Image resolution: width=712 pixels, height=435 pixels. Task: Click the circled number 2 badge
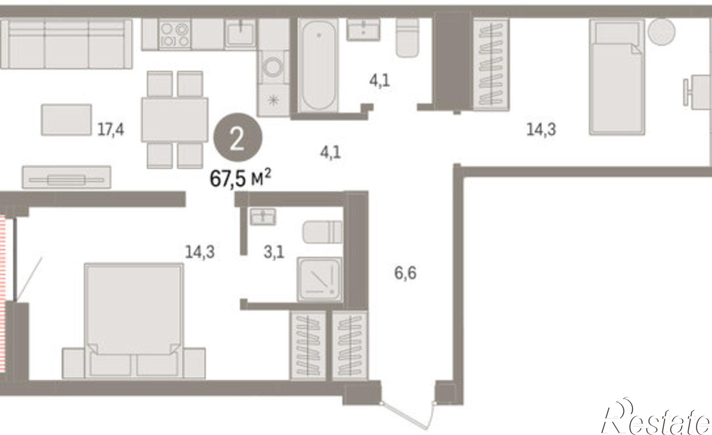pos(238,137)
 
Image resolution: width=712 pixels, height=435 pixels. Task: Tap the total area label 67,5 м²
pos(240,178)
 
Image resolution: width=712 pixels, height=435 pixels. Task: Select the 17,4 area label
pos(111,129)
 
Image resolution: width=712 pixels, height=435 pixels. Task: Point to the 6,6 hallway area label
pos(405,273)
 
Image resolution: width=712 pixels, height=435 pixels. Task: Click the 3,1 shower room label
pos(274,253)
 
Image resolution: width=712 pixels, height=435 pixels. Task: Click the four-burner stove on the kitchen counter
pos(174,33)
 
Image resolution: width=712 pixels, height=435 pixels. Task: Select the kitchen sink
pos(241,33)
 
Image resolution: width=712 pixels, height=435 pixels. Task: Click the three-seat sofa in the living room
pos(66,44)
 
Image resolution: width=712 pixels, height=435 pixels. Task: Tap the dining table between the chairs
pos(174,120)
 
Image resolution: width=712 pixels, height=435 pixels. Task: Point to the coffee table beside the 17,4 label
pos(66,120)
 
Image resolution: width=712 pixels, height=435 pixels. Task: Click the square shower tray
pos(320,280)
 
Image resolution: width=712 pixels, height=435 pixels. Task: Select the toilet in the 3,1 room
pos(323,232)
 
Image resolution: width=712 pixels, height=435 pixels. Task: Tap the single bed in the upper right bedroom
pos(617,77)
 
